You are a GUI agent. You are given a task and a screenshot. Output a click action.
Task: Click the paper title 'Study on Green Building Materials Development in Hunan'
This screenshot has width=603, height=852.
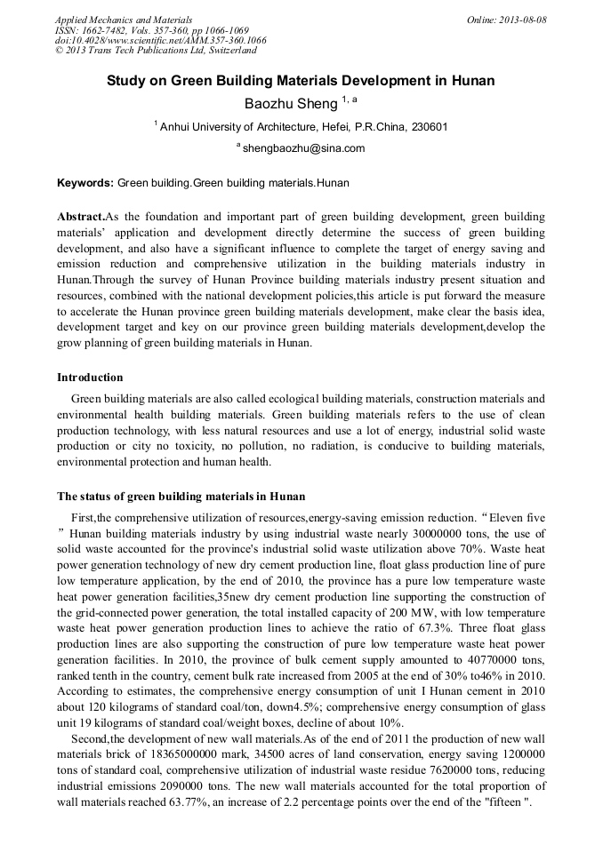pos(301,81)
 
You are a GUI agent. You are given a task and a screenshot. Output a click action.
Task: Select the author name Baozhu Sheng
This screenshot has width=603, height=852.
pos(285,104)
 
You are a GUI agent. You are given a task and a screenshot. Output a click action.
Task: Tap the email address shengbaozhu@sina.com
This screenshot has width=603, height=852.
pos(303,148)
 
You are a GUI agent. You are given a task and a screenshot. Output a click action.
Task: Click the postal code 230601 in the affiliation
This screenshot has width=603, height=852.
pos(428,127)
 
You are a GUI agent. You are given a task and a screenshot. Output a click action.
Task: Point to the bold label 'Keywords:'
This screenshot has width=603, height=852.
pos(85,184)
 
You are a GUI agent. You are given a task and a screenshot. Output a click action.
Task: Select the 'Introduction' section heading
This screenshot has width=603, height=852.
pos(90,378)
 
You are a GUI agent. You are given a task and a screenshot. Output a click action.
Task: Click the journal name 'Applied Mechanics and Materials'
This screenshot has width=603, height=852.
pos(124,20)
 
